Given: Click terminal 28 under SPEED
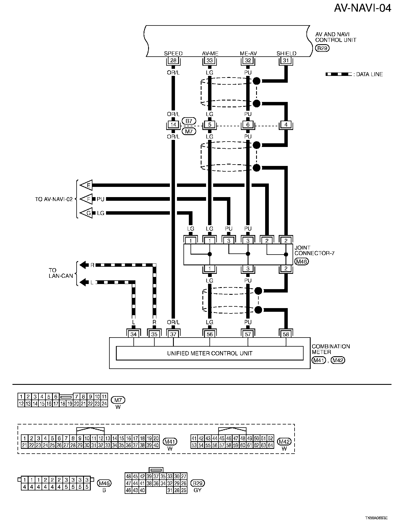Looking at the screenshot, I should point(173,60).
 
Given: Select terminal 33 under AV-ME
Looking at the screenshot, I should point(209,60).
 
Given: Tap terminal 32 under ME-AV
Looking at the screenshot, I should point(248,60).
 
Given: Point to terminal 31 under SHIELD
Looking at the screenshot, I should point(286,60).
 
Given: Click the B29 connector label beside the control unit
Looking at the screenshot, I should point(322,48).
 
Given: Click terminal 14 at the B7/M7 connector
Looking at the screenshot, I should point(173,125).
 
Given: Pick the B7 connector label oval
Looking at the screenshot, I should point(189,121).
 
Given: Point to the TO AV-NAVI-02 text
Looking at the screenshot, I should point(54,199).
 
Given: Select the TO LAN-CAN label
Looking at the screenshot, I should point(61,273).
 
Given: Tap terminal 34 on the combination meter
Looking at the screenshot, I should point(133,334).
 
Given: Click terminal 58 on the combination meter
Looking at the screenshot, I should point(286,334).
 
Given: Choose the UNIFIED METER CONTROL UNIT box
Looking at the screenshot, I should point(209,353).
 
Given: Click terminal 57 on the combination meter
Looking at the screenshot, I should point(248,334).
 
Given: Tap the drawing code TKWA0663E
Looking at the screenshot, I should point(376,518).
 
